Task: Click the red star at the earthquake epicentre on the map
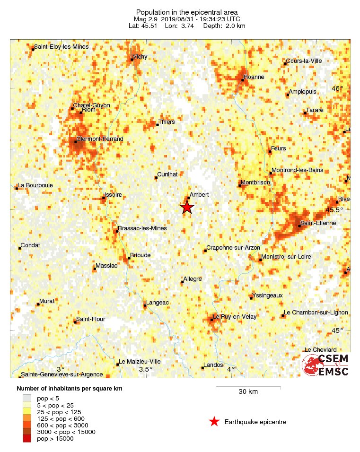[x=187, y=207]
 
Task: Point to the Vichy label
[x=140, y=56]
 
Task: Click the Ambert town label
[x=199, y=194]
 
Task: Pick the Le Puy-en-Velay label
[x=235, y=317]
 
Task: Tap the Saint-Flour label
[x=90, y=319]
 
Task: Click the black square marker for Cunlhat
[x=156, y=178]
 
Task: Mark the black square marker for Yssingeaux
[x=251, y=298]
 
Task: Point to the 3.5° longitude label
[x=145, y=369]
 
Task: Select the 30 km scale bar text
[x=248, y=391]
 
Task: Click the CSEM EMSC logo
[x=325, y=365]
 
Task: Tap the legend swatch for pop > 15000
[x=27, y=439]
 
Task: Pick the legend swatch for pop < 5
[x=27, y=399]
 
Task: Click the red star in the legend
[x=214, y=422]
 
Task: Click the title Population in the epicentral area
[x=187, y=12]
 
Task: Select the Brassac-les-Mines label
[x=142, y=228]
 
